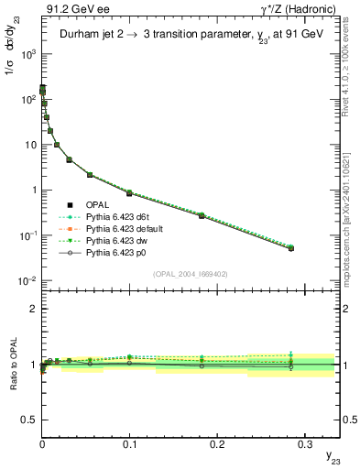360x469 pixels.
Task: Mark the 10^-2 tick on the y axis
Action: tap(27, 280)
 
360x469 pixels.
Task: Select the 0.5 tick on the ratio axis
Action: tap(30, 419)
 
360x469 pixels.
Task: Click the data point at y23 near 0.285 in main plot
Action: tap(291, 248)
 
